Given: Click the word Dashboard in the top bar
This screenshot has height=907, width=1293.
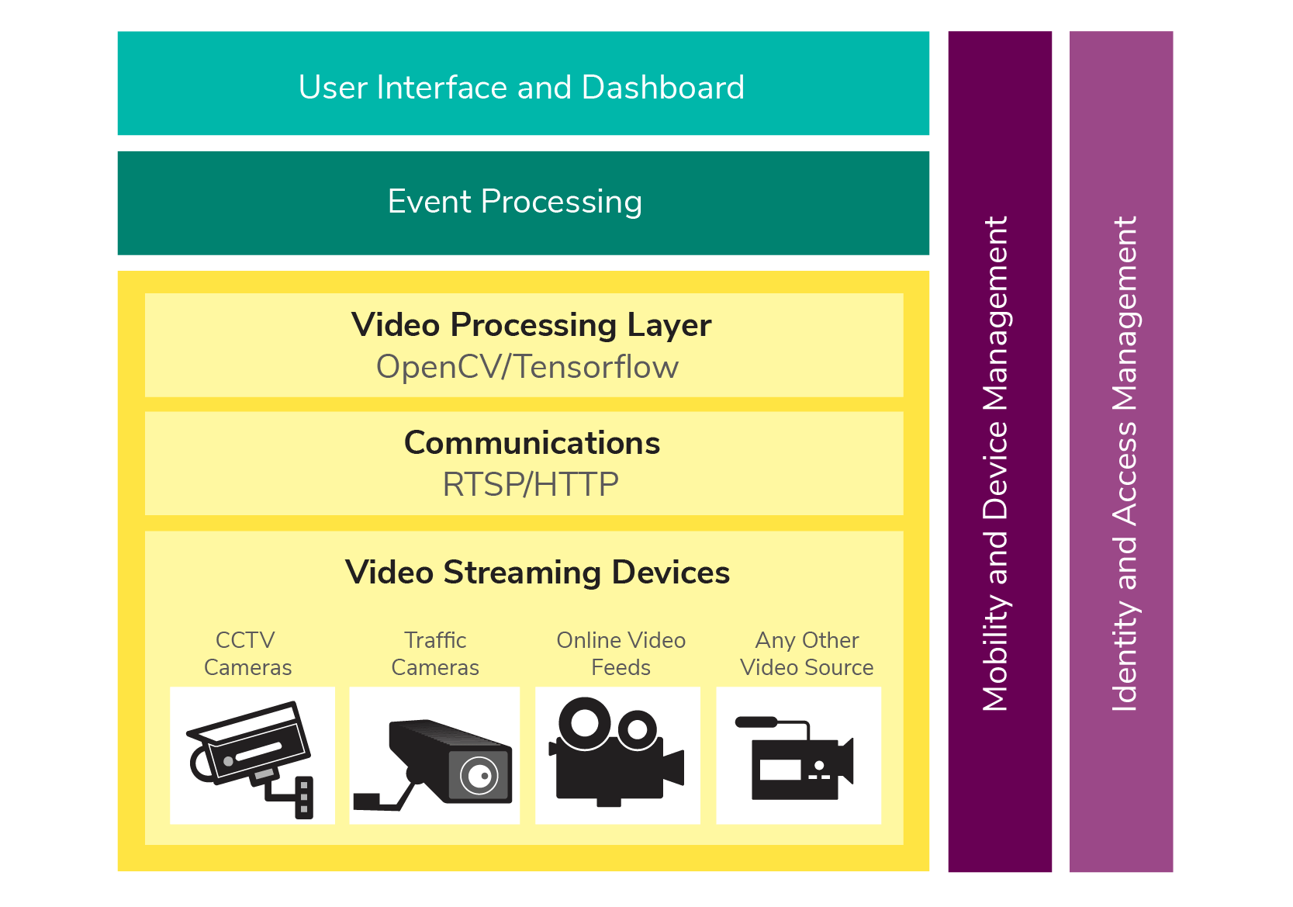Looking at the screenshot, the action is pyautogui.click(x=662, y=87).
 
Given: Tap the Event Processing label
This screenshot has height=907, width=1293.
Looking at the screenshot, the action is pyautogui.click(x=514, y=202).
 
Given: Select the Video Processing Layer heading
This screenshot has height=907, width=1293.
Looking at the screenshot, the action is pyautogui.click(x=531, y=325).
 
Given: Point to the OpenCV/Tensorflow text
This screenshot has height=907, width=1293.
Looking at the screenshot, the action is pyautogui.click(x=527, y=367).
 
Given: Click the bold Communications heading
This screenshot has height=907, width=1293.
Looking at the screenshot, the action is pyautogui.click(x=531, y=443).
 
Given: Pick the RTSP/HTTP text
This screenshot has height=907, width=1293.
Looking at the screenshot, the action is pyautogui.click(x=531, y=484).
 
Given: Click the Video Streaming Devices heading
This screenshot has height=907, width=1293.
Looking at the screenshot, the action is pyautogui.click(x=538, y=573).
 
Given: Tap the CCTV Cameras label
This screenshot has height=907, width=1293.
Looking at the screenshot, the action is pyautogui.click(x=247, y=653).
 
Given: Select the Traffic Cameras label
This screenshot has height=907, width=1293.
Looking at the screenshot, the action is pyautogui.click(x=435, y=653).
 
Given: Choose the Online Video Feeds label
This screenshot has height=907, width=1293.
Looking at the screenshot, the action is pyautogui.click(x=621, y=653).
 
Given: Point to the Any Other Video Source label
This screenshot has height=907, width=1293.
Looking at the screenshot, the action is pyautogui.click(x=807, y=653).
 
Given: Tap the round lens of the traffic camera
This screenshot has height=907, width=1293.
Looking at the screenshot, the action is pyautogui.click(x=479, y=775).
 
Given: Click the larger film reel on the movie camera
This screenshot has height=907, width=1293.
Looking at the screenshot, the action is pyautogui.click(x=584, y=723).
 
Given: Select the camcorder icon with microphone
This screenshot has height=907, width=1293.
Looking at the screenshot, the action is pyautogui.click(x=794, y=757).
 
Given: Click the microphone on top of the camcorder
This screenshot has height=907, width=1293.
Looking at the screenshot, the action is pyautogui.click(x=756, y=722).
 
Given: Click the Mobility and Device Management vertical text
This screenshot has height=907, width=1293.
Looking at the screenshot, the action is pyautogui.click(x=995, y=464).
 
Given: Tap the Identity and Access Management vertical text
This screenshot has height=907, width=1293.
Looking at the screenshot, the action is pyautogui.click(x=1124, y=464).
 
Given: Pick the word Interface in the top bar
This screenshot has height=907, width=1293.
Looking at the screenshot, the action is pyautogui.click(x=441, y=87).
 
